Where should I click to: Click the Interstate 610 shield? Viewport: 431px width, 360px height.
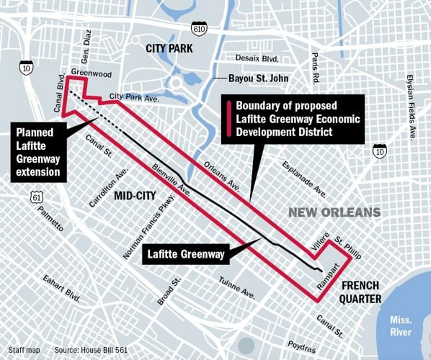click(x=198, y=27)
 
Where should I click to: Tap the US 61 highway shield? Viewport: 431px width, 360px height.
click(x=37, y=197)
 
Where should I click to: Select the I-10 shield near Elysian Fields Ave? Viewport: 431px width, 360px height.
click(x=380, y=150)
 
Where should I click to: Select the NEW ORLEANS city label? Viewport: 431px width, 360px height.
click(x=334, y=212)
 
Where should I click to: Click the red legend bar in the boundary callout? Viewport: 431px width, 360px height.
click(x=228, y=119)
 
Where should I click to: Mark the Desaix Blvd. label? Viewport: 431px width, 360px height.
click(x=257, y=58)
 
